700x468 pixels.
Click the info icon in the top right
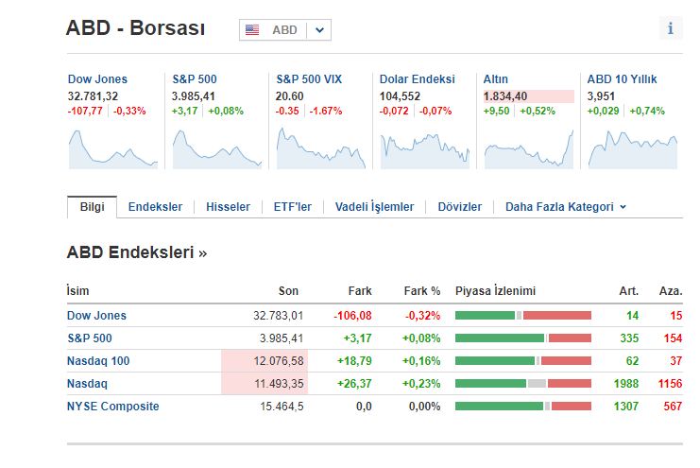(x=670, y=28)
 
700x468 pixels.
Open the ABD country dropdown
(x=284, y=30)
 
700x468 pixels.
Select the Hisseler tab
(x=228, y=207)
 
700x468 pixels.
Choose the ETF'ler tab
(x=292, y=207)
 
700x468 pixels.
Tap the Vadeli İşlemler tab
(x=374, y=207)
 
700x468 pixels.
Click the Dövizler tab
(x=459, y=207)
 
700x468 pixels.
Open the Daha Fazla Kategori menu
(x=566, y=207)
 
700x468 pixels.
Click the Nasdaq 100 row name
(x=98, y=361)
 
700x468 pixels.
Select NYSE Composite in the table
(x=112, y=407)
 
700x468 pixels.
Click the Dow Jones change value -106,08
(x=352, y=316)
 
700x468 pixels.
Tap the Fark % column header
(x=422, y=291)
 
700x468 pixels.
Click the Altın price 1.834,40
(x=505, y=96)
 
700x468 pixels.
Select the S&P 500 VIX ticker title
(x=309, y=79)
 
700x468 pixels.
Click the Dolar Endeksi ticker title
(x=417, y=79)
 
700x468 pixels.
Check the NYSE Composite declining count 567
(x=672, y=407)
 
